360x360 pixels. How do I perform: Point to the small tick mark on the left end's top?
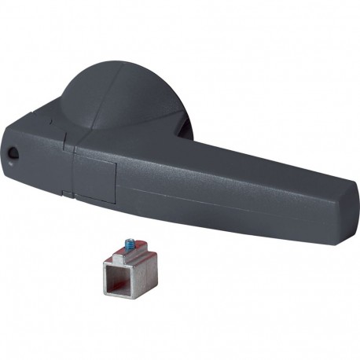pos(49,123)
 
